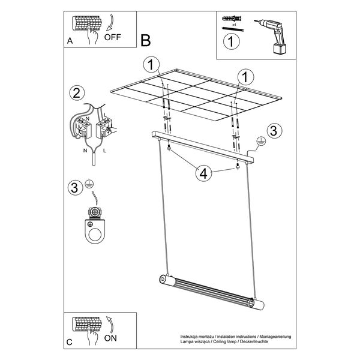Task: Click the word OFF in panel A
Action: [113, 37]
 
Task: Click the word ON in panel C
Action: [110, 338]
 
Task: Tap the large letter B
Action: [146, 41]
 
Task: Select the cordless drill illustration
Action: [272, 36]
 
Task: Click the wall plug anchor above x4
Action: [232, 18]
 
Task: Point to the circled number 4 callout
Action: [203, 173]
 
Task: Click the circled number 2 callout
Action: [77, 93]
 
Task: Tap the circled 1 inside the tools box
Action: [232, 41]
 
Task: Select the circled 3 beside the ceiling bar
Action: [274, 131]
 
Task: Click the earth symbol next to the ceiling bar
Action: [261, 141]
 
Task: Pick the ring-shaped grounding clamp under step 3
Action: [95, 231]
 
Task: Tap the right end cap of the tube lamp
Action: [258, 304]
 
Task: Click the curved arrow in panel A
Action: [110, 23]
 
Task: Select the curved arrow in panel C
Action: [110, 325]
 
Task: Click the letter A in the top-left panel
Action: [70, 41]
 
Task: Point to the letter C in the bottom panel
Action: [70, 343]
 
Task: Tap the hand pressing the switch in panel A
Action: [93, 36]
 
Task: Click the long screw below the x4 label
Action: [233, 29]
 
